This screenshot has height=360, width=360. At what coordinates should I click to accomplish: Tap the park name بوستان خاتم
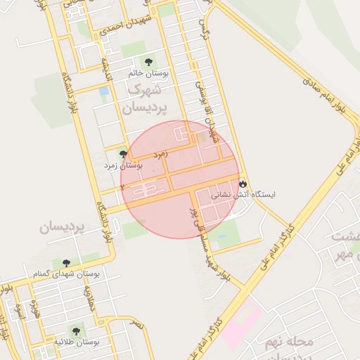coord(146,73)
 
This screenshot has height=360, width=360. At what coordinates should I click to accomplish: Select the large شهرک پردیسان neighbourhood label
coord(146,99)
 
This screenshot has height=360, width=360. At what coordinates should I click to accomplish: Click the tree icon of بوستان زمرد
coord(123,154)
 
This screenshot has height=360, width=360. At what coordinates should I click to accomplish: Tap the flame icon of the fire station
coord(243,183)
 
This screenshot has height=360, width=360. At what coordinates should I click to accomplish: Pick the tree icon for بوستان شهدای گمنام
coord(66,263)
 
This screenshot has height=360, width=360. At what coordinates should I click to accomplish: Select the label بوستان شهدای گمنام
coord(67,273)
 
